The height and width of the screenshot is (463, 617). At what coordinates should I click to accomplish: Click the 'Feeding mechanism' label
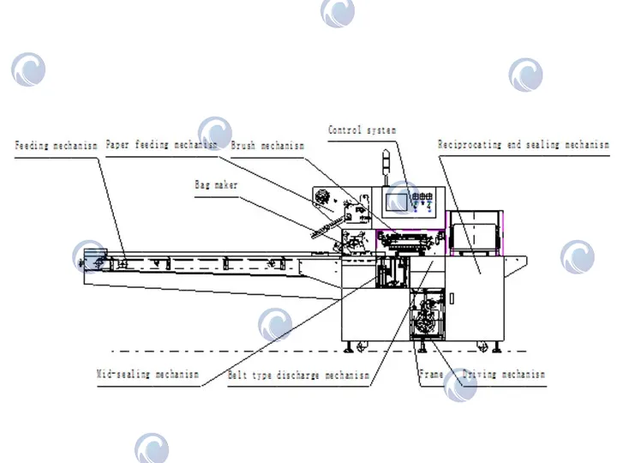tap(56, 146)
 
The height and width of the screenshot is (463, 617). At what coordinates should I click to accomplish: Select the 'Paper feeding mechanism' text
tap(161, 145)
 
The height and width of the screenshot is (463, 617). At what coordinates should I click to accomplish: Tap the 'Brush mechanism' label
tap(267, 146)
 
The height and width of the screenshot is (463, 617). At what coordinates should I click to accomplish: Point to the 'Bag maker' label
tap(216, 184)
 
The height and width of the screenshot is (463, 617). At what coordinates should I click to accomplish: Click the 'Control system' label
tap(362, 130)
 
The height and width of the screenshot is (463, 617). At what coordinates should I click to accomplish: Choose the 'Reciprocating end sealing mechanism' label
tap(524, 145)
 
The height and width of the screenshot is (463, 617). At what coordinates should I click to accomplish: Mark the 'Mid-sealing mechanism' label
tap(148, 374)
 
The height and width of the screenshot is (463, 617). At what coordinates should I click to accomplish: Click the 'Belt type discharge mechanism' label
tap(299, 375)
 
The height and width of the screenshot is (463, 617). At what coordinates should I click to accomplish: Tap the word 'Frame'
tap(431, 374)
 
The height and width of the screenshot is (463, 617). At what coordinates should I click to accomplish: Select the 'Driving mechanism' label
tap(504, 374)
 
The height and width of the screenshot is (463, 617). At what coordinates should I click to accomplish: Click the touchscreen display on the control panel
tap(397, 202)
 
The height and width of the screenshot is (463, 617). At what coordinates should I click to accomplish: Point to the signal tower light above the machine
tap(386, 167)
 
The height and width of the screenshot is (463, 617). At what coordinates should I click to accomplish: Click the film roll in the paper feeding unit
tap(323, 196)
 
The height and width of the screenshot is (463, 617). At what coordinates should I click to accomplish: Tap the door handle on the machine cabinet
tap(452, 299)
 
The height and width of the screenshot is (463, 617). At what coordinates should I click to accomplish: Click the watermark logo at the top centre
tap(338, 13)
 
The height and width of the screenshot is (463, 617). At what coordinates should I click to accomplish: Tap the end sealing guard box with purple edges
tap(475, 233)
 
